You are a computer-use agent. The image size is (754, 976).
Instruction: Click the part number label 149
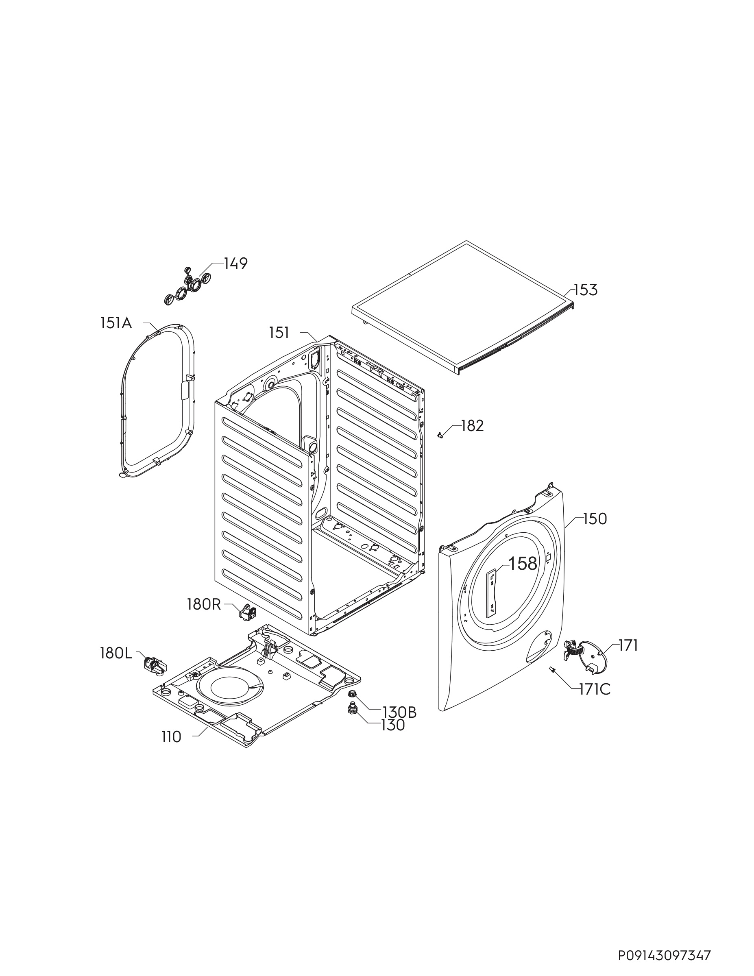click(x=235, y=264)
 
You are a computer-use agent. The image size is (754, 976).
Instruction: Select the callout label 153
click(x=586, y=290)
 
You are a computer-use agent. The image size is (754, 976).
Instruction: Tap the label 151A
click(x=116, y=323)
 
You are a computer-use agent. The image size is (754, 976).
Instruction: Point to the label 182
click(x=473, y=426)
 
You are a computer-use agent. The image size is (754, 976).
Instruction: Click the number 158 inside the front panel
click(x=523, y=564)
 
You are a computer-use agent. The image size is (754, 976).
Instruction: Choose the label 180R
click(x=204, y=605)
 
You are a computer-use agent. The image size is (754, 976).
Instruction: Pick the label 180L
click(x=116, y=654)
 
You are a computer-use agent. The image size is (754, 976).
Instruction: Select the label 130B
click(x=399, y=712)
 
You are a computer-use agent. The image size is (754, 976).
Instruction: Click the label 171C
click(x=595, y=690)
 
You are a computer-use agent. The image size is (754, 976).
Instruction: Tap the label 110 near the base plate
click(x=172, y=737)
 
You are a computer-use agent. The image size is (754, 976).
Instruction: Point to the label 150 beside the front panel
click(x=595, y=519)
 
